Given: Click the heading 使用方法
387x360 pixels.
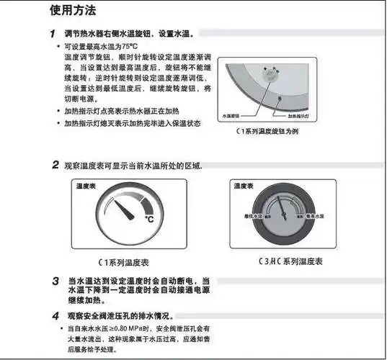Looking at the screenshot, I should pyautogui.click(x=72, y=11).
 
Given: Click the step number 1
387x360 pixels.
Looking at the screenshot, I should pyautogui.click(x=53, y=34).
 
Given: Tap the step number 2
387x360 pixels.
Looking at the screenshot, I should pyautogui.click(x=55, y=165).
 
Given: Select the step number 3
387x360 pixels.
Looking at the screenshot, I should pyautogui.click(x=55, y=280).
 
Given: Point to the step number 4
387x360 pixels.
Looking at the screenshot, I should pyautogui.click(x=55, y=315).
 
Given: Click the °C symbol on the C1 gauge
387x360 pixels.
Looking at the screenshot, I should pyautogui.click(x=149, y=219).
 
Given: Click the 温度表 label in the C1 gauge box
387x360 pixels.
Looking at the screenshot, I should pyautogui.click(x=86, y=186).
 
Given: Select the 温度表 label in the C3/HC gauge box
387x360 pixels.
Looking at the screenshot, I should pyautogui.click(x=243, y=186).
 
